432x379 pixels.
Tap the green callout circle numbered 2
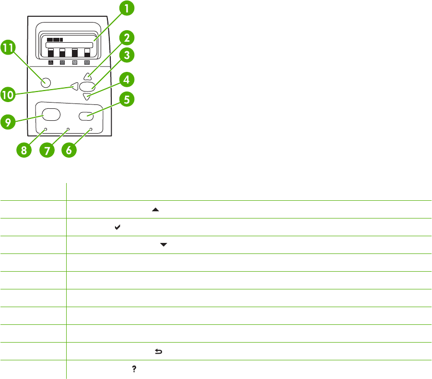pyautogui.click(x=126, y=38)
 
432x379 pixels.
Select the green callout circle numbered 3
pyautogui.click(x=127, y=56)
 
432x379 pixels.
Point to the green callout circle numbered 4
pyautogui.click(x=126, y=79)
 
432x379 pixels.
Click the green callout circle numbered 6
pyautogui.click(x=70, y=150)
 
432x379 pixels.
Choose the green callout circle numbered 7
pyautogui.click(x=47, y=150)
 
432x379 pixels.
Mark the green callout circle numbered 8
pyautogui.click(x=24, y=150)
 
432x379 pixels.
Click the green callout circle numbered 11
pyautogui.click(x=9, y=48)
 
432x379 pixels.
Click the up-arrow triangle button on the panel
pyautogui.click(x=87, y=76)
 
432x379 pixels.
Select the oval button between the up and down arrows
pyautogui.click(x=87, y=87)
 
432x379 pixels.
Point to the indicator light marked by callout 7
pyautogui.click(x=68, y=129)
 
